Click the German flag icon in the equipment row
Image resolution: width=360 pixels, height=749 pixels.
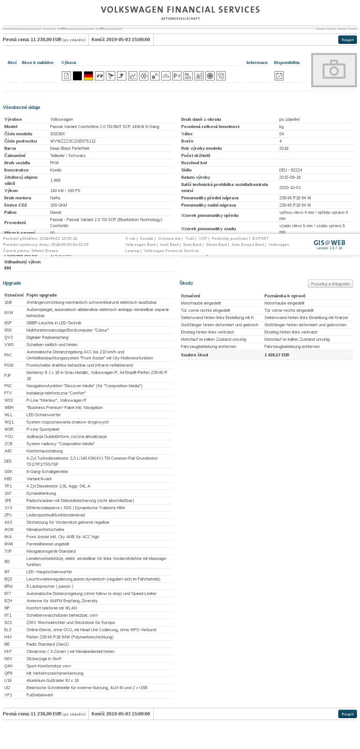(x=88, y=76)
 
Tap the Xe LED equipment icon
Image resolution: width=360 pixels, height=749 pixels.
(x=188, y=76)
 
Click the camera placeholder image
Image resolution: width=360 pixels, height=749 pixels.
(x=334, y=70)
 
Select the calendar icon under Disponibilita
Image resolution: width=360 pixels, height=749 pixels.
(x=279, y=76)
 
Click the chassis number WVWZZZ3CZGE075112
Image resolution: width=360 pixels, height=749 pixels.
(x=73, y=141)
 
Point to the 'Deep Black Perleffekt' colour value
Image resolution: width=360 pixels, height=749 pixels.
(x=70, y=148)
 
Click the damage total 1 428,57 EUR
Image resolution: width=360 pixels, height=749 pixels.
(x=276, y=355)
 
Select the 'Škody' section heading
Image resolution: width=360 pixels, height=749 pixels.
(x=186, y=283)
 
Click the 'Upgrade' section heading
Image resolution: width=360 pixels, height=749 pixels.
(x=12, y=283)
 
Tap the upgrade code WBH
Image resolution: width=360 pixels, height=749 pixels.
(x=8, y=407)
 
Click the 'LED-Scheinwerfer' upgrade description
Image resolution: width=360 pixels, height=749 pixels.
(x=43, y=415)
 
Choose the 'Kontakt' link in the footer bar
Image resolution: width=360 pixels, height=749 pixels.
(x=146, y=239)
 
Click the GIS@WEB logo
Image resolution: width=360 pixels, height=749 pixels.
(x=329, y=243)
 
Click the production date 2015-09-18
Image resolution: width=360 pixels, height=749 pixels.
(x=289, y=177)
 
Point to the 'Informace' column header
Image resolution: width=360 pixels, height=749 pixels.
(x=257, y=63)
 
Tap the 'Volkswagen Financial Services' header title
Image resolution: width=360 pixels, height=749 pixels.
(x=180, y=10)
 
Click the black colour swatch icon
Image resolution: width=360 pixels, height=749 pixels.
(x=77, y=76)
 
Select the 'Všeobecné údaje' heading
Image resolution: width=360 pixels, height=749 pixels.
(x=21, y=107)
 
